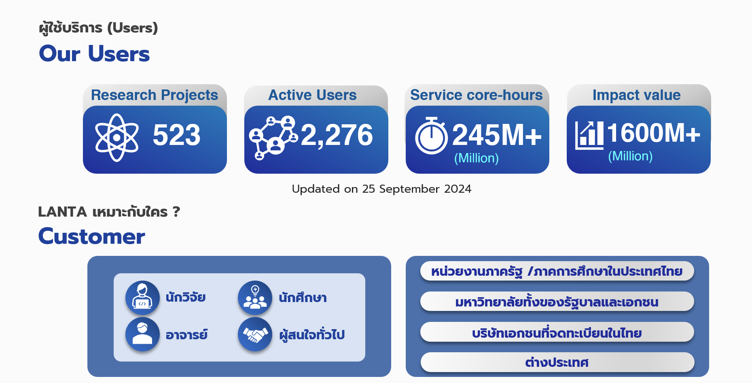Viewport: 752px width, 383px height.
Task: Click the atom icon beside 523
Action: [117, 138]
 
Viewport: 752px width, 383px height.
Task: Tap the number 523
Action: [176, 135]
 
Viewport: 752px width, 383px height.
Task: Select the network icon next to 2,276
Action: [273, 138]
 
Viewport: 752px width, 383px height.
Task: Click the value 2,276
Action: [337, 135]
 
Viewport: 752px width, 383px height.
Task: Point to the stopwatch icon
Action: [432, 136]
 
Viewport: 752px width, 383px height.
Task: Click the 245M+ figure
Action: [497, 135]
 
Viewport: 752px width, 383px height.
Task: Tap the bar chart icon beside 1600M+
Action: [589, 135]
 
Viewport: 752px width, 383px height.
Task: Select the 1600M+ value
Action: [654, 133]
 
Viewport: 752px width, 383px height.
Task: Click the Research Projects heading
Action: [155, 95]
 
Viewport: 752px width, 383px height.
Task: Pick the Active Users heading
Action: [313, 95]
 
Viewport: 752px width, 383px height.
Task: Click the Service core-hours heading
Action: [477, 95]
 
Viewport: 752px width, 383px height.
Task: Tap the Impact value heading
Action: [637, 95]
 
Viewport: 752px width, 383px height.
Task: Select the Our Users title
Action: [94, 54]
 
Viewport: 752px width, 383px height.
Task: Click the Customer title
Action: [92, 236]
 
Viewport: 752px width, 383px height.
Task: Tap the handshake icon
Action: [255, 334]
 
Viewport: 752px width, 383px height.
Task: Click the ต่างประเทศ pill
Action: [557, 362]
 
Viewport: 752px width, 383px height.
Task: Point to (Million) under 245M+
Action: [477, 158]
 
